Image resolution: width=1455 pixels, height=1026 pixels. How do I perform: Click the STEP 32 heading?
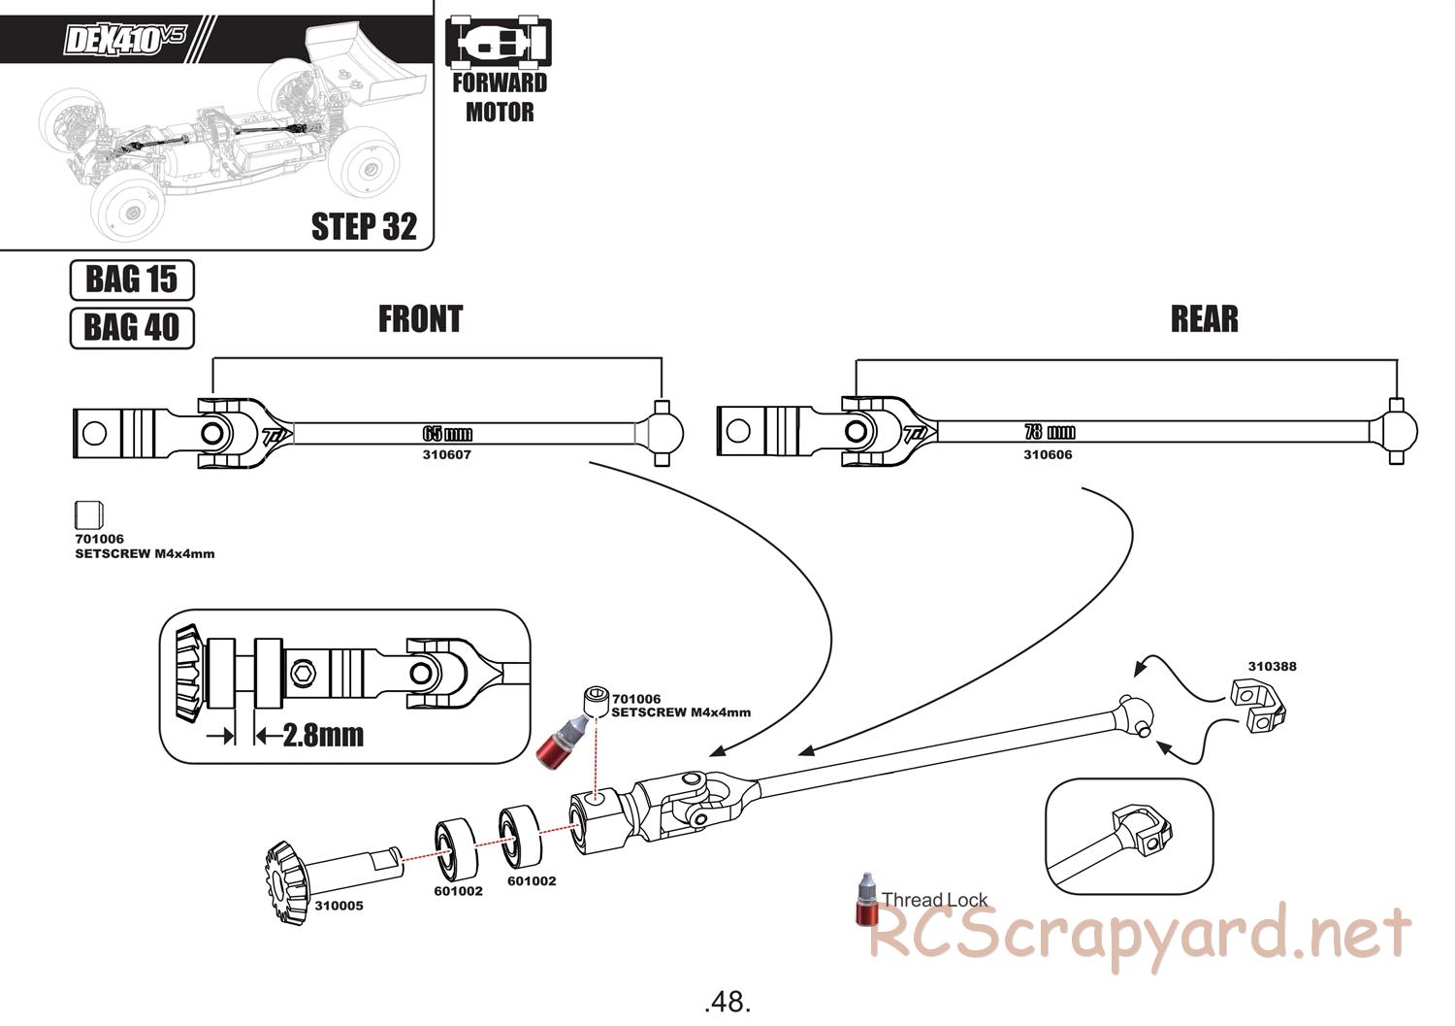click(364, 226)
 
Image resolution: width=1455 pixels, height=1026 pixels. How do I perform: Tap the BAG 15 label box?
click(132, 280)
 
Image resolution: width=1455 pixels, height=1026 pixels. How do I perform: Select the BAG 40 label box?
click(132, 327)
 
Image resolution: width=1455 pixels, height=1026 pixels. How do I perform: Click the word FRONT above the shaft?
click(420, 318)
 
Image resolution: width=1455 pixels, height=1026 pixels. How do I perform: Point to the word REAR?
click(1204, 318)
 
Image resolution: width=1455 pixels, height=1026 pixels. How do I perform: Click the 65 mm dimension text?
click(447, 433)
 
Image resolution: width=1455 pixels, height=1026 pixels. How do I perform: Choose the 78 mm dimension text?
click(1049, 432)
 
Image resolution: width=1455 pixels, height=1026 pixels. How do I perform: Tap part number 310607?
click(447, 454)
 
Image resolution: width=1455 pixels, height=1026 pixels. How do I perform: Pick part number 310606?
click(1049, 454)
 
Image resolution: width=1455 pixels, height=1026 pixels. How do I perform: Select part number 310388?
click(1272, 666)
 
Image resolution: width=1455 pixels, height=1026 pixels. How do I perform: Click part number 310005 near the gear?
click(339, 906)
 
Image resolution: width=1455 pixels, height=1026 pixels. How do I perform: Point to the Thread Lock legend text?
click(934, 900)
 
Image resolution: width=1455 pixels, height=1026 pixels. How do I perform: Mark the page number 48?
click(727, 1001)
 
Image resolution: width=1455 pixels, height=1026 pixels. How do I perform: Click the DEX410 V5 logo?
click(124, 41)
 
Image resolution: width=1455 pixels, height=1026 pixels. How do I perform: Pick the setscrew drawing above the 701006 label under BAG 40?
click(88, 515)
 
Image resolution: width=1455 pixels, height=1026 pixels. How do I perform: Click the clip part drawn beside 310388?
click(1260, 705)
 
